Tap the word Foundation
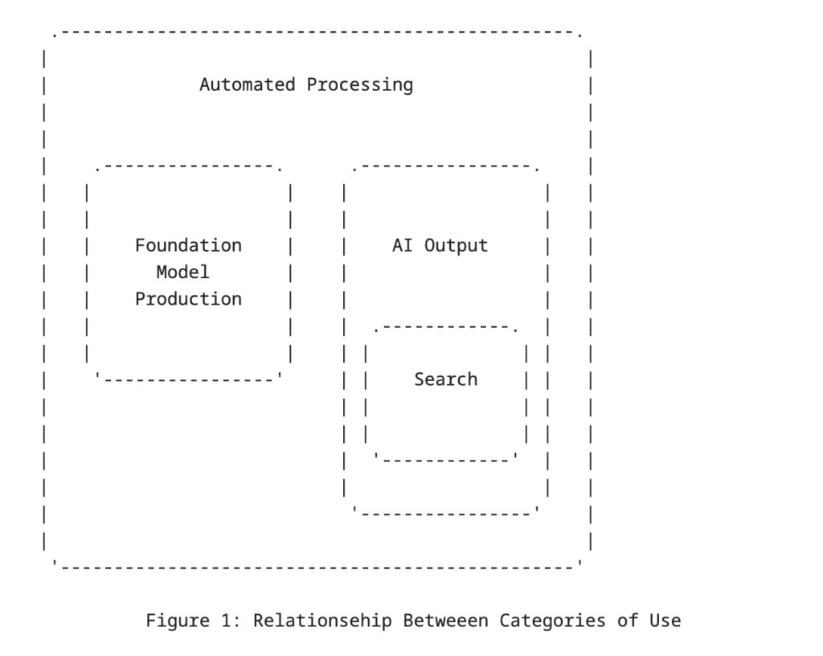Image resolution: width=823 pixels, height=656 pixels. point(188,245)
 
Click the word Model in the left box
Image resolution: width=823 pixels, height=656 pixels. point(182,272)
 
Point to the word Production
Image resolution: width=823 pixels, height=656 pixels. point(188,299)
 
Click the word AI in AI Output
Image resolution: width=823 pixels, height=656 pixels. point(402,245)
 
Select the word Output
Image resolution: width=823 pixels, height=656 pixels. point(456,245)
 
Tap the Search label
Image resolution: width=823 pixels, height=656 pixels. point(445,379)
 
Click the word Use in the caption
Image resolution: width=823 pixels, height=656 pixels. point(665,621)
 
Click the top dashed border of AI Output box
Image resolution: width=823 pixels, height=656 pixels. point(445,167)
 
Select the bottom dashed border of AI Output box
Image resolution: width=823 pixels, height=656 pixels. point(445,512)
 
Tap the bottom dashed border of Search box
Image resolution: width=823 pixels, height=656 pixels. point(445,459)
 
